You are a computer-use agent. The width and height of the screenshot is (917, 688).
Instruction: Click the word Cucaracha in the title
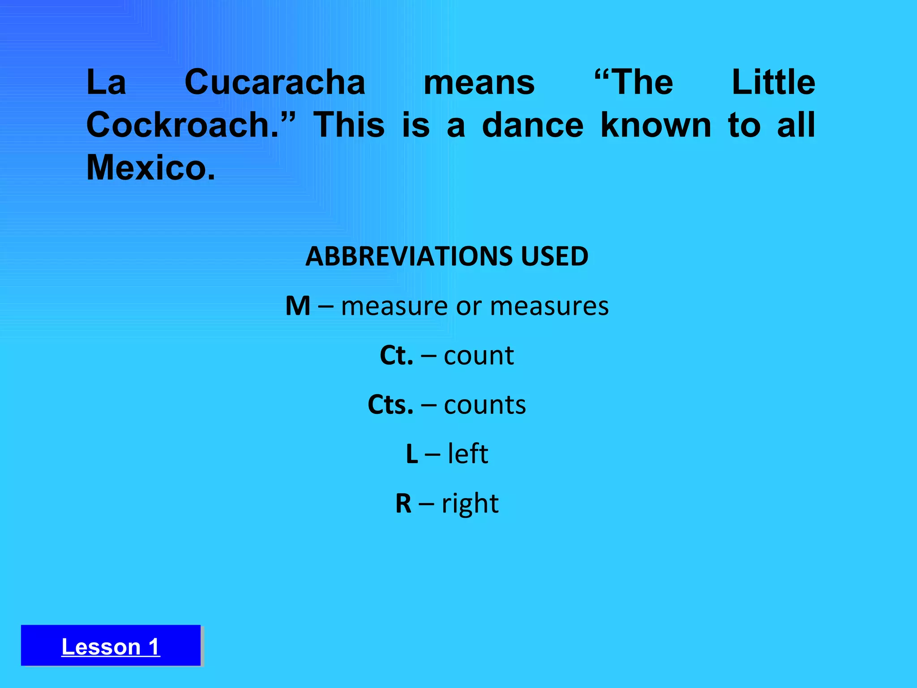(x=275, y=83)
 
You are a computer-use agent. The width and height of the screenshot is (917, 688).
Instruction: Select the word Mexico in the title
(x=150, y=168)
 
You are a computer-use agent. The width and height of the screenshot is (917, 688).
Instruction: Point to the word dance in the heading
(x=532, y=125)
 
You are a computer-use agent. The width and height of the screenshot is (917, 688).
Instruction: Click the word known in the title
(x=656, y=125)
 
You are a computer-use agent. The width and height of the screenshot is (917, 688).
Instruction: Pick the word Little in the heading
(x=773, y=83)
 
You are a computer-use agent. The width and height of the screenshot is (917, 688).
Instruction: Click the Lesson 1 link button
(x=111, y=646)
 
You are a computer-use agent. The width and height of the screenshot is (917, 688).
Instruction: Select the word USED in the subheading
(x=554, y=256)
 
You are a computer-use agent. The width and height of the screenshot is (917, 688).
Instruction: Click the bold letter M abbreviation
(x=298, y=306)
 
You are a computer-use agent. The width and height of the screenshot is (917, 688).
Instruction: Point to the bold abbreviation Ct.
(x=396, y=356)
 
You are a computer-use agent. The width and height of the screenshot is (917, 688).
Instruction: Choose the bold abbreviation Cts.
(x=390, y=405)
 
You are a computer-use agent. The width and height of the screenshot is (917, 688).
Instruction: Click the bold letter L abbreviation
(x=412, y=454)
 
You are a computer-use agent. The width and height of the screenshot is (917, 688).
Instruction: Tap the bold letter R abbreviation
(x=403, y=503)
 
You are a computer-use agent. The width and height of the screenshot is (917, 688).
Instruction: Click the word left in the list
(x=468, y=454)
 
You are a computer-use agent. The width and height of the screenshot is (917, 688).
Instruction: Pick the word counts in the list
(x=485, y=405)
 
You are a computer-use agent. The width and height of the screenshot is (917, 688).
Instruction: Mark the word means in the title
(x=479, y=83)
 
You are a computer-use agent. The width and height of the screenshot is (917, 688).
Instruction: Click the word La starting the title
(x=106, y=83)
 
